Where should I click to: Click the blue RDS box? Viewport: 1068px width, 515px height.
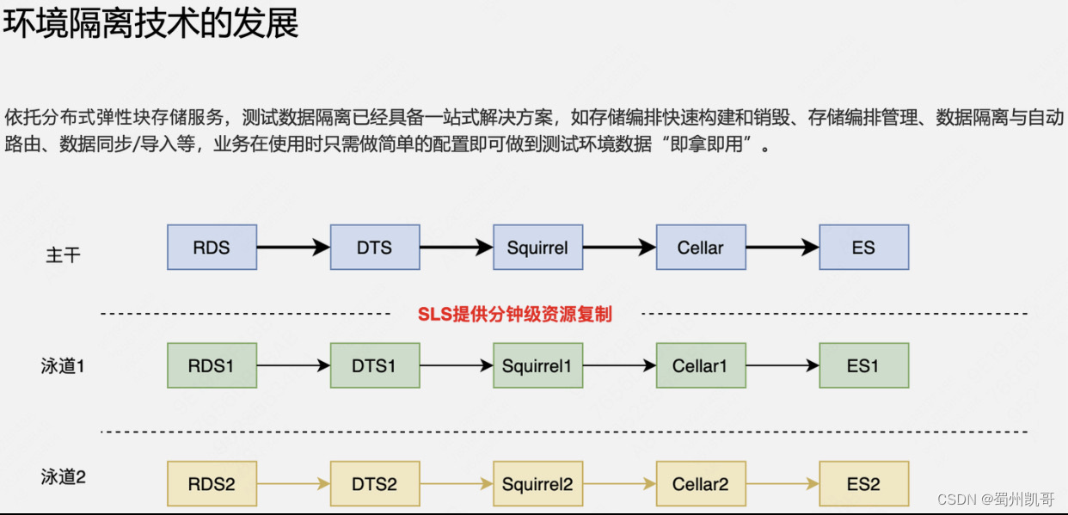[x=212, y=248]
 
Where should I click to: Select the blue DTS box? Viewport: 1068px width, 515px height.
[x=375, y=248]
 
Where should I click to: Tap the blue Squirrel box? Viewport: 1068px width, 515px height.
[x=537, y=248]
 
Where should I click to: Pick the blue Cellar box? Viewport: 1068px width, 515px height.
[x=700, y=248]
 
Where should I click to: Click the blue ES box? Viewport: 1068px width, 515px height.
[x=863, y=248]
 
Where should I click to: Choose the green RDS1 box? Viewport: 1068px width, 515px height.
[x=212, y=365]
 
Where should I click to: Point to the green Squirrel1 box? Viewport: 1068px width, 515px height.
[x=537, y=365]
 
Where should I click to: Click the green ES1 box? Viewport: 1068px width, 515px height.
[x=863, y=365]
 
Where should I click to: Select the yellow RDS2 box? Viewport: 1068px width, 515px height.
[x=212, y=483]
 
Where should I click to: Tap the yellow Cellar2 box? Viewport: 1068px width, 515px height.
[x=700, y=483]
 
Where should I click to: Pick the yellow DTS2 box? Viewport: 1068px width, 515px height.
[x=375, y=483]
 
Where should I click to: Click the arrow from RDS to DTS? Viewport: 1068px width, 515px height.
[x=293, y=248]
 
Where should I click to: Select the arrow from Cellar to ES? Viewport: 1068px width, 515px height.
[x=782, y=248]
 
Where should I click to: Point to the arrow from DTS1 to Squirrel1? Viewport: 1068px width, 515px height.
[x=456, y=365]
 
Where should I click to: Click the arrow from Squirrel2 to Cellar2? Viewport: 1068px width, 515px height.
[x=619, y=483]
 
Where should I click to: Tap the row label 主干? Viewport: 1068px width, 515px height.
[x=64, y=255]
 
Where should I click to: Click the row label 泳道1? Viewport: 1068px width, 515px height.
[x=63, y=365]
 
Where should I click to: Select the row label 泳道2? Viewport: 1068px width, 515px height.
[x=63, y=475]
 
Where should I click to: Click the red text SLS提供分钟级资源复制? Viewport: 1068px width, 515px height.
[x=514, y=314]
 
